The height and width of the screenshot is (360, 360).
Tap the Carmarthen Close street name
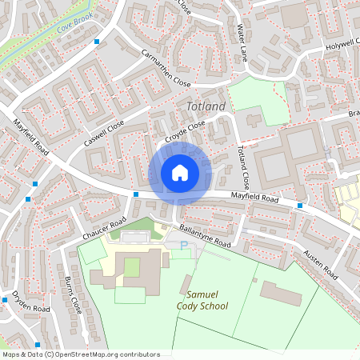[166, 70]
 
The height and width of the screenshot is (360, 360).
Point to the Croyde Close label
[186, 133]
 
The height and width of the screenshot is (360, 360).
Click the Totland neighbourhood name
[206, 106]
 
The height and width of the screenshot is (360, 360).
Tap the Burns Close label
[70, 294]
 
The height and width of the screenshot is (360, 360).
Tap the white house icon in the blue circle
[180, 172]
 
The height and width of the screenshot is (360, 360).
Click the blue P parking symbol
[186, 246]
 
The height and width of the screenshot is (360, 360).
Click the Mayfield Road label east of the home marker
[254, 196]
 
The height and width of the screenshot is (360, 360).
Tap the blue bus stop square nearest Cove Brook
[98, 41]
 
